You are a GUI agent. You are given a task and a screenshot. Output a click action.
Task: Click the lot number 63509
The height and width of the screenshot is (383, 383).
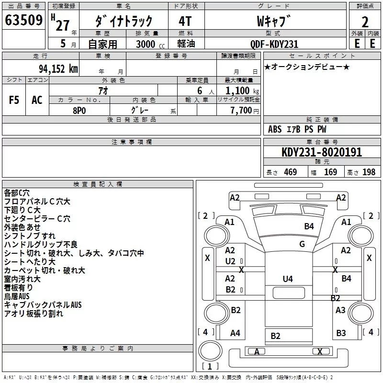point(23,20)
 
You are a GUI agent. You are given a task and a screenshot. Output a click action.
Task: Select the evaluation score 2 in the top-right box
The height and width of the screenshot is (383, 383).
point(365,22)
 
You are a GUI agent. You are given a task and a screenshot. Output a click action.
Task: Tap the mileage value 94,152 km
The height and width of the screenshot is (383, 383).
point(58,69)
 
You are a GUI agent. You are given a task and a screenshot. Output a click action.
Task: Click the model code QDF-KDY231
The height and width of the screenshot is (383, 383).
point(274,44)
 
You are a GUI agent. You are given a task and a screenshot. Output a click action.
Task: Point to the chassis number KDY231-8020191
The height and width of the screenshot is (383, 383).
point(322,152)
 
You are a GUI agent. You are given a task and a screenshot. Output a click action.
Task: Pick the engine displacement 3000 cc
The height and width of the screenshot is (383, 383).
point(150,44)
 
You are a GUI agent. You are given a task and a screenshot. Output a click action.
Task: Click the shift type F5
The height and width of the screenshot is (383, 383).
point(14,100)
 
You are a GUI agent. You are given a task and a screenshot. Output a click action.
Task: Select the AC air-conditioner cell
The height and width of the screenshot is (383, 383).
point(37,100)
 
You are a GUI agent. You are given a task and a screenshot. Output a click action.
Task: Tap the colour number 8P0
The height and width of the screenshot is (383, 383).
point(79,111)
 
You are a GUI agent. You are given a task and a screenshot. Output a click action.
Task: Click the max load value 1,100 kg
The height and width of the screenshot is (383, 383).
point(242,91)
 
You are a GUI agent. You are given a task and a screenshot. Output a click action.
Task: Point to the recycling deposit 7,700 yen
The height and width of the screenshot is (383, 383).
point(245,111)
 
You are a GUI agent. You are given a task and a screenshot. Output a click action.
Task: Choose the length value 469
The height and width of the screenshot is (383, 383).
point(291,172)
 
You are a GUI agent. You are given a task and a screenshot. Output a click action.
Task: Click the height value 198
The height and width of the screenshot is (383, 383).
point(369,172)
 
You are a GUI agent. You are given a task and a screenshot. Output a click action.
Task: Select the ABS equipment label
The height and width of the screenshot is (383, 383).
point(275,129)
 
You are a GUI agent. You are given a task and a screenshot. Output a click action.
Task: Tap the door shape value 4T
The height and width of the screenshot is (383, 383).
point(185,21)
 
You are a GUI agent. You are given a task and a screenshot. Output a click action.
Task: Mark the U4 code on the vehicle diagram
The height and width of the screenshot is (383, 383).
point(288,279)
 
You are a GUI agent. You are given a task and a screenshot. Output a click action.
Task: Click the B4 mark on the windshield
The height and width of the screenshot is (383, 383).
point(309,226)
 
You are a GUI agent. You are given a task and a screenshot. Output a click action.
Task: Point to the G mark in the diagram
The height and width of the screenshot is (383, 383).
point(302,244)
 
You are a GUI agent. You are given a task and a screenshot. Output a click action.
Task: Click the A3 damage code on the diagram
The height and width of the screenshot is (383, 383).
point(340,310)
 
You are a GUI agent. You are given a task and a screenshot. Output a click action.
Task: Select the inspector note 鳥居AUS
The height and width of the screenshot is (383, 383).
point(17,296)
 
